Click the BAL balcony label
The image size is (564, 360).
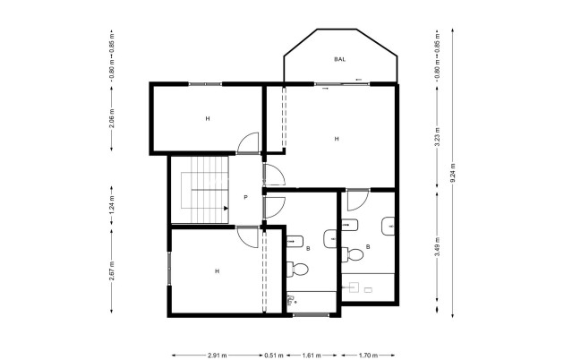click(x=339, y=59)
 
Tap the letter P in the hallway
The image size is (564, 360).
click(x=245, y=197)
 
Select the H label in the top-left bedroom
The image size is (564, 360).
click(x=207, y=118)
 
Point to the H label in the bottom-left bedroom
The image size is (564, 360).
click(x=217, y=270)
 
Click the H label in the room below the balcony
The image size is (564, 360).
click(x=337, y=138)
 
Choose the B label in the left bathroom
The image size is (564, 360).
click(x=308, y=247)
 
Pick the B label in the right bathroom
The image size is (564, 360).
click(x=369, y=247)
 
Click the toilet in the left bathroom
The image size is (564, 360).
click(x=300, y=268)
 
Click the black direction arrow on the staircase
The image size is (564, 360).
click(x=226, y=208)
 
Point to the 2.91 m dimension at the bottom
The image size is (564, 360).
click(x=216, y=356)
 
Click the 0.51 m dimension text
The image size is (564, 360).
click(x=271, y=356)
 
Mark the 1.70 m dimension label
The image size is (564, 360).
click(x=367, y=356)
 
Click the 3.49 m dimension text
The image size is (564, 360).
click(x=437, y=252)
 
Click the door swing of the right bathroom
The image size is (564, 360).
click(x=358, y=200)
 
